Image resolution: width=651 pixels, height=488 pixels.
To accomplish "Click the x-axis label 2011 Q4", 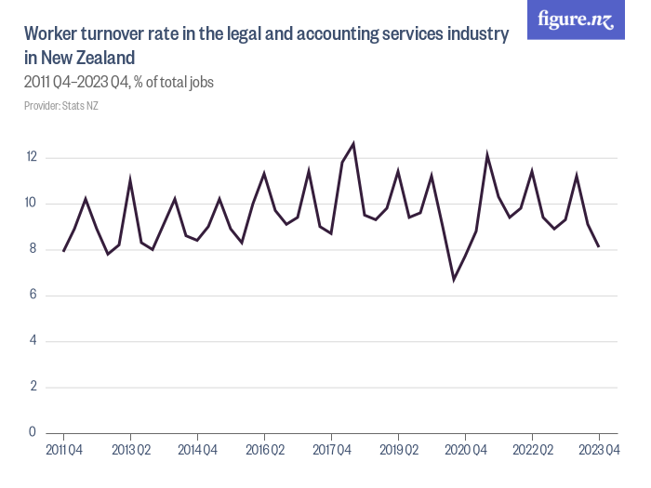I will tap(63, 451).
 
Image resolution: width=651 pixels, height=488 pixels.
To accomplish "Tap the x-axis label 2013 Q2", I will tap(130, 451).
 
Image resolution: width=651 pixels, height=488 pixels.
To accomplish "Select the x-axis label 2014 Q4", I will tap(197, 451).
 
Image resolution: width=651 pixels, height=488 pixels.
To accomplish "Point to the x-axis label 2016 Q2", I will tap(264, 451).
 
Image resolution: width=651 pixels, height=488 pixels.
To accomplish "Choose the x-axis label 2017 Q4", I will tap(331, 451).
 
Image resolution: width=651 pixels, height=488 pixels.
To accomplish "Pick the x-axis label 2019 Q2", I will tap(398, 451).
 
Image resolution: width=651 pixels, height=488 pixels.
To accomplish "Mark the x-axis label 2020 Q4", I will tap(465, 451).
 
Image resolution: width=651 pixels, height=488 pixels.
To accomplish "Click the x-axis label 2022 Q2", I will tap(532, 451).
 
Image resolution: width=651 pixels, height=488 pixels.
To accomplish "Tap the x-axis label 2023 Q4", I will tap(599, 451).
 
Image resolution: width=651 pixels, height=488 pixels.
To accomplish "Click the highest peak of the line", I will tap(353, 143).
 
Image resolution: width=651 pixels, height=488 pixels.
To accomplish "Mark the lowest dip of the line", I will tap(454, 279).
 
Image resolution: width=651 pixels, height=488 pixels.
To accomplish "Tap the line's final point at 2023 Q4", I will tap(599, 246).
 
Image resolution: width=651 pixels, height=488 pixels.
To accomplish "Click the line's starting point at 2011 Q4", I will tap(63, 251).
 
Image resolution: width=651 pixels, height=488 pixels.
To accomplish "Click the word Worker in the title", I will tap(51, 34).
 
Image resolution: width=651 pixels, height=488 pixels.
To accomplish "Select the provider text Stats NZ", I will tap(80, 106).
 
